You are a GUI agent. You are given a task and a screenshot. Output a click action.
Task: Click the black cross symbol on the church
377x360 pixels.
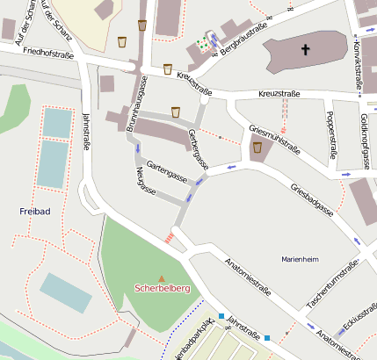click(x=307, y=50)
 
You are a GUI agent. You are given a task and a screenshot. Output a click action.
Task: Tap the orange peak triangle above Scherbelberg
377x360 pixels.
click(x=160, y=278)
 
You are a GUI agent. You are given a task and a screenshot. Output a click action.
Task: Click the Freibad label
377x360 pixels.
click(x=34, y=212)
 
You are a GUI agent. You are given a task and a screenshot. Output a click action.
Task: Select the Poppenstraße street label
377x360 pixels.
click(x=331, y=135)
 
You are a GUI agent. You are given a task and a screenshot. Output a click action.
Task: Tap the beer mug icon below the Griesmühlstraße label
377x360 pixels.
click(x=257, y=148)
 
